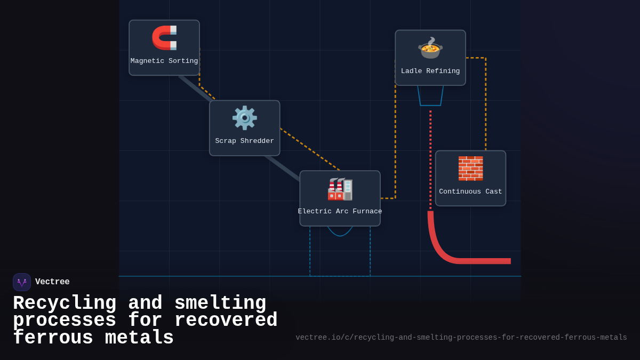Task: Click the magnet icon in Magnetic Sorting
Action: (x=164, y=38)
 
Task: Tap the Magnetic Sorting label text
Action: (x=164, y=61)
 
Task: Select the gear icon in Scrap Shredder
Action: (x=244, y=118)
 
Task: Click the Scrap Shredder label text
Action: (x=244, y=141)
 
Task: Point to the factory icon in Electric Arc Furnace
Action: (x=340, y=189)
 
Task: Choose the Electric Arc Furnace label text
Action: (x=340, y=212)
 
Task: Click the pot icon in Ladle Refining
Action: (x=430, y=48)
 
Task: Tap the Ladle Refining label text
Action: (x=430, y=71)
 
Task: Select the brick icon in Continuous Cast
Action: (x=470, y=169)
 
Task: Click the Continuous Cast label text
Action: (x=470, y=192)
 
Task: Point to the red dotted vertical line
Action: (x=430, y=160)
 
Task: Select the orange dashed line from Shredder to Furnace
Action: (x=309, y=149)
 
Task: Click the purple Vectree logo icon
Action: (x=22, y=282)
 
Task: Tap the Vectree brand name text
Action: (x=52, y=282)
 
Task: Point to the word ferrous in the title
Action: (x=53, y=338)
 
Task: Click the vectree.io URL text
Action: (x=461, y=338)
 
